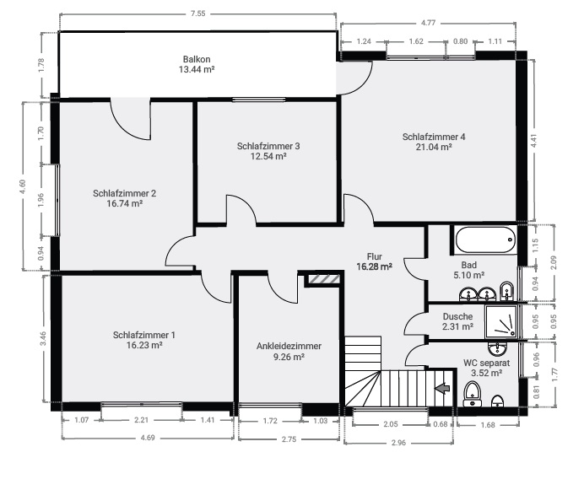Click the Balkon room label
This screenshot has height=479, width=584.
(196, 59)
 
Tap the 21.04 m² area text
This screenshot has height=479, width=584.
(434, 147)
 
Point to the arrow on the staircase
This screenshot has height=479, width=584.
(441, 388)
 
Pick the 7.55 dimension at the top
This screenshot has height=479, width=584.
(197, 13)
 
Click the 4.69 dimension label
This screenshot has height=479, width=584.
(147, 438)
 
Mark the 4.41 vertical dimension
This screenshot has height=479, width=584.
(533, 141)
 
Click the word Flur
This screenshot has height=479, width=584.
(375, 257)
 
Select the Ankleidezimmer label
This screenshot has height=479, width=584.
(289, 346)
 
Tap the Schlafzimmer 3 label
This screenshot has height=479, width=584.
(268, 146)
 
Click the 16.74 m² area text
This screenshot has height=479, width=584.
(124, 203)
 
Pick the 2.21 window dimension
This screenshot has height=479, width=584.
(141, 420)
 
